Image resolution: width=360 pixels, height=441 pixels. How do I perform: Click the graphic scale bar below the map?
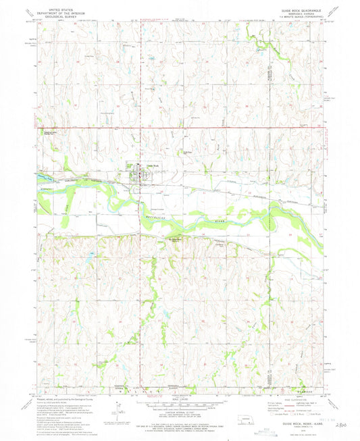click(179, 405)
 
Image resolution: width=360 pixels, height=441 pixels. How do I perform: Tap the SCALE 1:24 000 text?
click(179, 400)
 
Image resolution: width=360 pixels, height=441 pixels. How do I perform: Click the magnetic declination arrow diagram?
click(120, 407)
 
